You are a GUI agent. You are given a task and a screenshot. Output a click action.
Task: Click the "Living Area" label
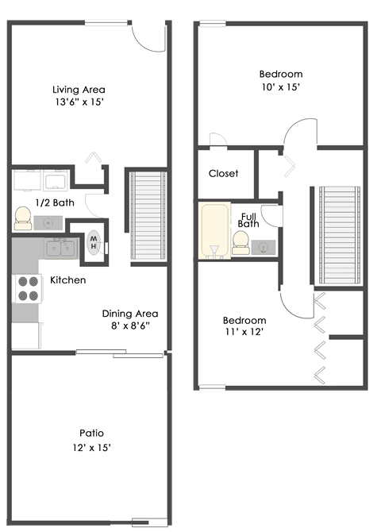click(x=79, y=90)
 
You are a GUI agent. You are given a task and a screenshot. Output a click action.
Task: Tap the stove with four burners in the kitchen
click(x=28, y=288)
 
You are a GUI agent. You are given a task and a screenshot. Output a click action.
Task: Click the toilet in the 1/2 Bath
click(x=22, y=216)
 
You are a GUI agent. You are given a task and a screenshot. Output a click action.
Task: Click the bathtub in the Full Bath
click(x=213, y=230)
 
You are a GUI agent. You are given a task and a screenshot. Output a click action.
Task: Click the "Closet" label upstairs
click(x=223, y=173)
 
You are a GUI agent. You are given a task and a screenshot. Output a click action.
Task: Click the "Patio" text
click(x=91, y=433)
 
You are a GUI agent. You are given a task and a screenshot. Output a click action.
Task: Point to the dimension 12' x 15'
click(x=91, y=447)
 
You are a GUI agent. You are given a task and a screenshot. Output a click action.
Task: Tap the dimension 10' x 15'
click(x=281, y=87)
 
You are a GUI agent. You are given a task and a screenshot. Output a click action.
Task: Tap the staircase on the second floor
click(x=340, y=235)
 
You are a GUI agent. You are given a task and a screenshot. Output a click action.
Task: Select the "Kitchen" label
click(x=68, y=280)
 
